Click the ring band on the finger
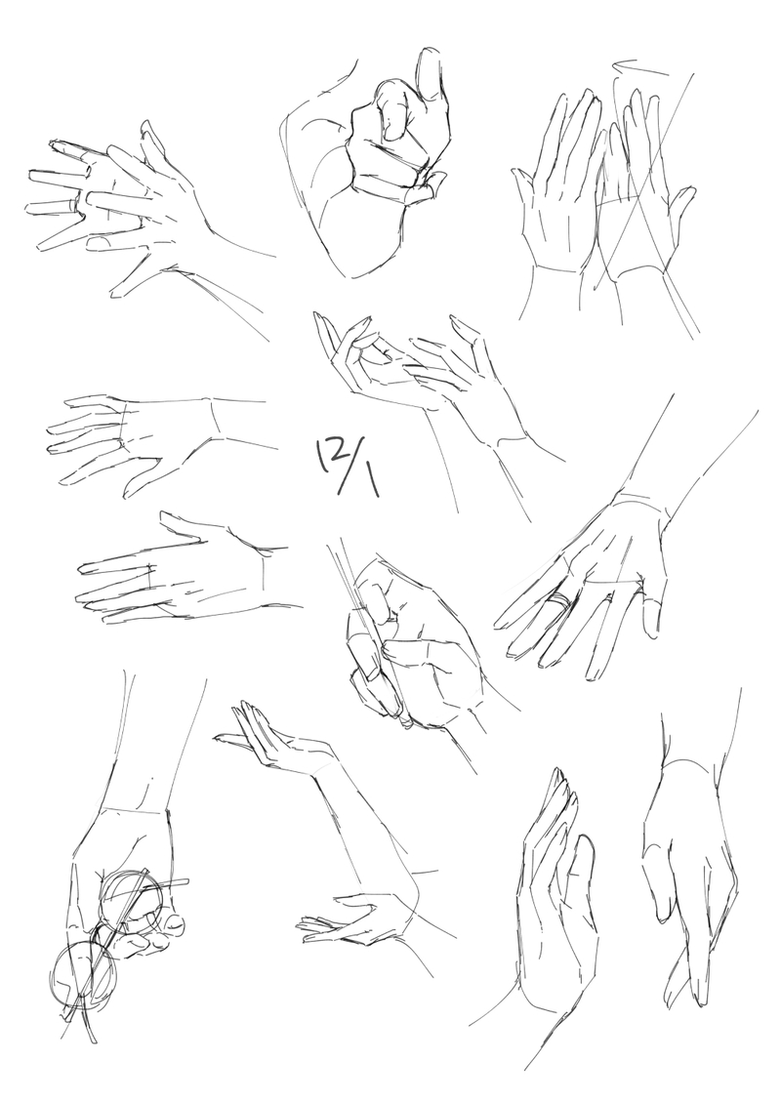[x=559, y=602]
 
